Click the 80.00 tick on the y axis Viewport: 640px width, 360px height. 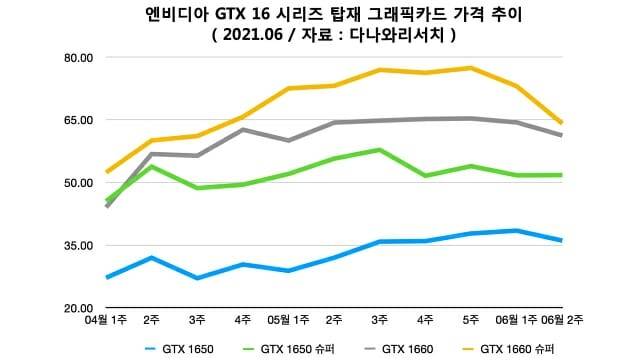point(78,57)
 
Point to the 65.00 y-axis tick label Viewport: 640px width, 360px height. point(78,120)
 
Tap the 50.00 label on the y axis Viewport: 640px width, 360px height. point(78,182)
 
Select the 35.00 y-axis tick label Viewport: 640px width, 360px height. point(78,245)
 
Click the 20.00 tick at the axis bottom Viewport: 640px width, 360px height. point(78,307)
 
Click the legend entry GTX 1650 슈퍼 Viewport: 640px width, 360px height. point(290,349)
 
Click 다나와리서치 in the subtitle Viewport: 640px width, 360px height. point(395,35)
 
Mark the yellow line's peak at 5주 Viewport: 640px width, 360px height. point(470,68)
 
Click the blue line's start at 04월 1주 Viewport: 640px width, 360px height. point(107,277)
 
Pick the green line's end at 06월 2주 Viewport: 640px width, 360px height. point(562,175)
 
